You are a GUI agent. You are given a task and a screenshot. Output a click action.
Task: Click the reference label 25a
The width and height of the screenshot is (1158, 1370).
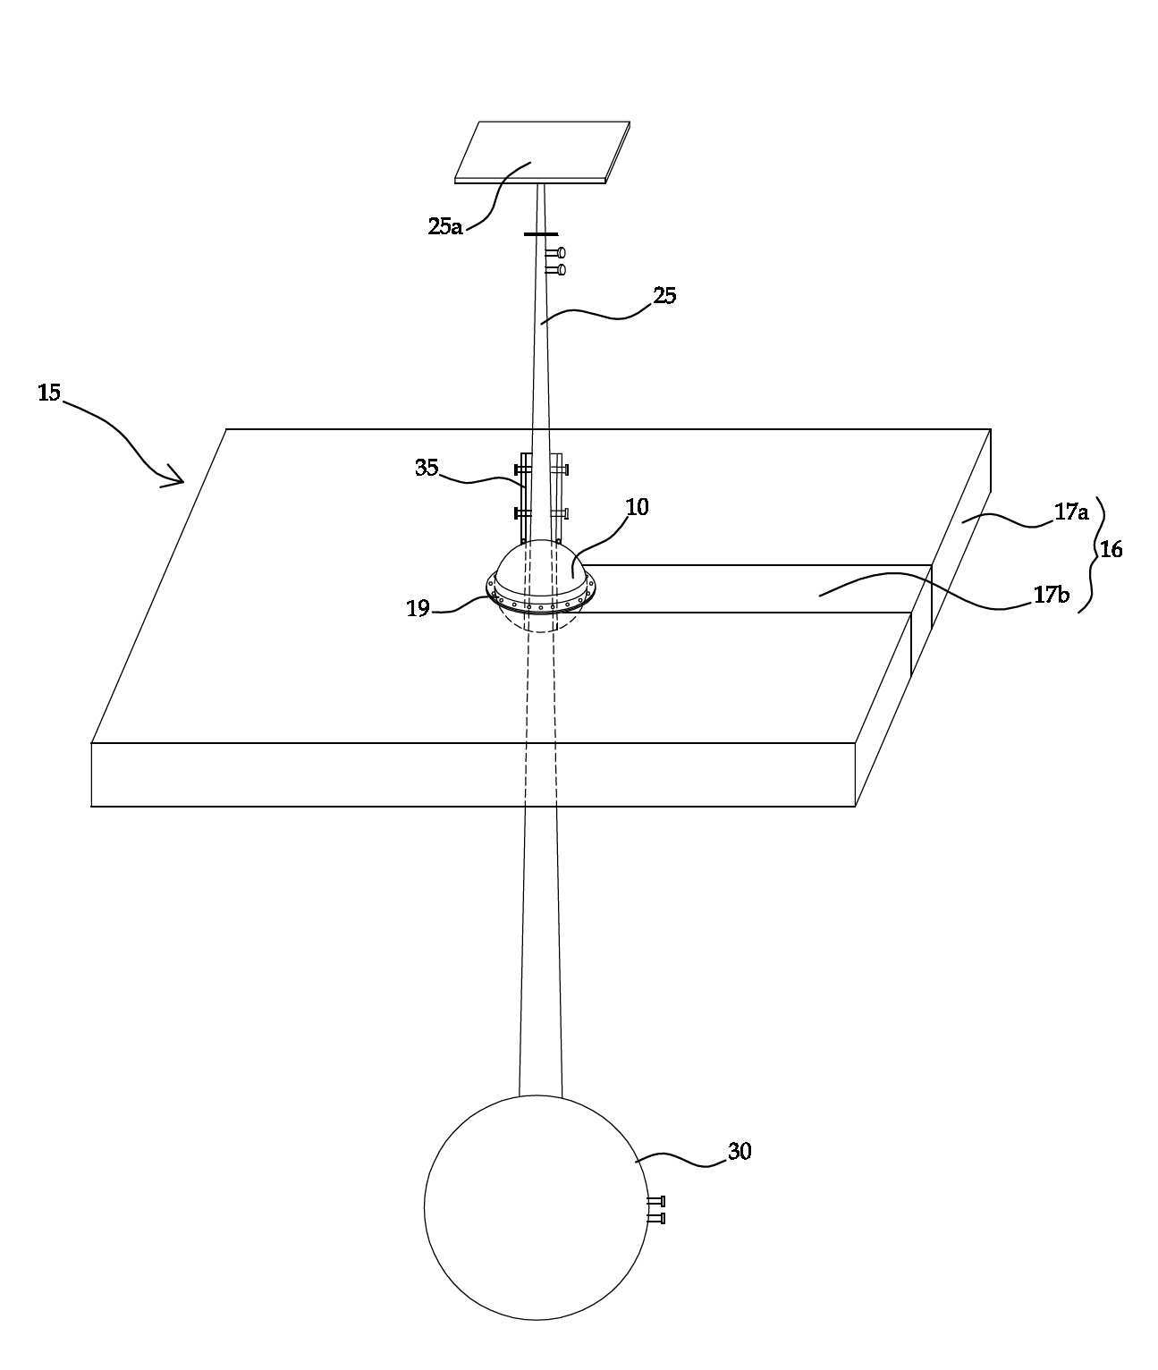(x=444, y=226)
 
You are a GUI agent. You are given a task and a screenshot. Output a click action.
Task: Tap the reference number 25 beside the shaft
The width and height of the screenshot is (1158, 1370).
(x=664, y=295)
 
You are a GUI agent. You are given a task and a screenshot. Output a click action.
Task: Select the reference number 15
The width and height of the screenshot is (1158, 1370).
(x=49, y=393)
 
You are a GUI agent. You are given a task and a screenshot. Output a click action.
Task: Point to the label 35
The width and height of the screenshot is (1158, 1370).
(x=427, y=468)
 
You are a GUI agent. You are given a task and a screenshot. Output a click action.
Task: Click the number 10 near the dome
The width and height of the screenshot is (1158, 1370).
(x=637, y=507)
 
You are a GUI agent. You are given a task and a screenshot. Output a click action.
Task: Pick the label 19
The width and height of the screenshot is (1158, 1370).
(x=418, y=608)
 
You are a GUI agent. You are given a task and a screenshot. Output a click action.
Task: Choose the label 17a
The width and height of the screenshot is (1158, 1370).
(x=1071, y=512)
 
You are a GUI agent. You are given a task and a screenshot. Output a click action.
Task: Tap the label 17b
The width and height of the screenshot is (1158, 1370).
(x=1052, y=595)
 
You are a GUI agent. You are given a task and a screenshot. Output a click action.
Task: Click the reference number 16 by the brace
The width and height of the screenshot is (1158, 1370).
(x=1111, y=549)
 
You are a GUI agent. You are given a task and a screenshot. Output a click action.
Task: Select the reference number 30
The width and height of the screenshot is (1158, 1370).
(x=740, y=1151)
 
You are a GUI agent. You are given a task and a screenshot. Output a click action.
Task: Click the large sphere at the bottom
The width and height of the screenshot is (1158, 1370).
(x=536, y=1207)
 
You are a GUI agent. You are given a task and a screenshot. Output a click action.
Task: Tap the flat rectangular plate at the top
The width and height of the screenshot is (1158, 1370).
(x=542, y=152)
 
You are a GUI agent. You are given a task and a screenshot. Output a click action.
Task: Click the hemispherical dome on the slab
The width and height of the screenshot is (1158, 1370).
(x=542, y=568)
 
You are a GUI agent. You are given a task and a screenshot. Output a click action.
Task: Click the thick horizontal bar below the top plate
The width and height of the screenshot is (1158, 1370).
(x=541, y=234)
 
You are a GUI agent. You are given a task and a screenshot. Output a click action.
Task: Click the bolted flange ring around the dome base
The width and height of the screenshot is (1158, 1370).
(x=541, y=600)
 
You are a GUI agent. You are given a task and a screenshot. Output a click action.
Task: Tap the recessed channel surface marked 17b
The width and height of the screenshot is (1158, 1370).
(x=756, y=588)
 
